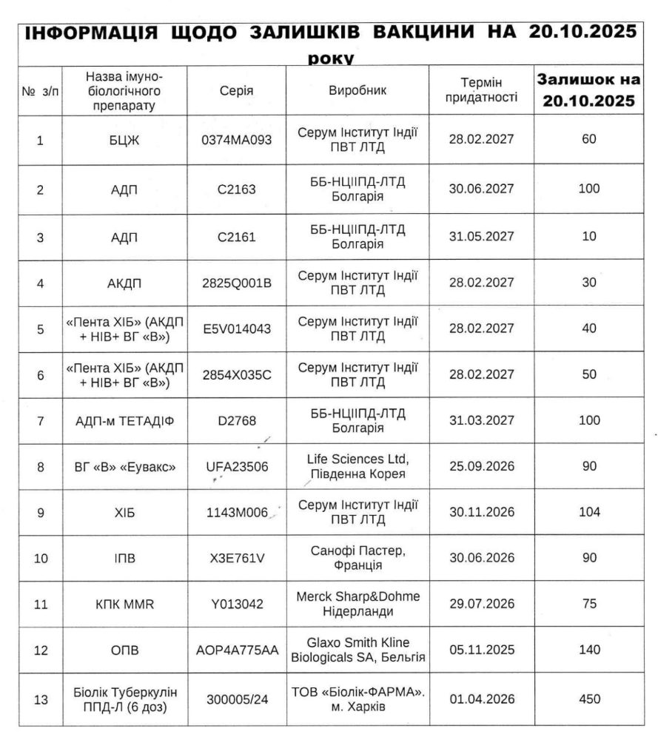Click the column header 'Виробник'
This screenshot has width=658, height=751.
[x=357, y=90]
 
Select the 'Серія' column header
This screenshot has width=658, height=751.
[x=237, y=90]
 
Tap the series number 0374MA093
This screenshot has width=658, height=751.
[x=237, y=139]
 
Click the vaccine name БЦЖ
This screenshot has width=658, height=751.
[x=124, y=139]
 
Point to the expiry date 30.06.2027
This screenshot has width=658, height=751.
[x=481, y=189]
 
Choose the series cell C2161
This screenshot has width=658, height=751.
[x=237, y=237]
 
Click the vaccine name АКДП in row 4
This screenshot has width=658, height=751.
[x=124, y=283]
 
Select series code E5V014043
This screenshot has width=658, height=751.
[x=237, y=328]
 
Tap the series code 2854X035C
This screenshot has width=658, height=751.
[x=237, y=374]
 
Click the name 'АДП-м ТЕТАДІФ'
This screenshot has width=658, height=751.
[x=124, y=420]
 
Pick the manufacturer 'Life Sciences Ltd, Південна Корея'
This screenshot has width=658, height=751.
[x=357, y=466]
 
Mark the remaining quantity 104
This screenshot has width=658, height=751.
[x=589, y=512]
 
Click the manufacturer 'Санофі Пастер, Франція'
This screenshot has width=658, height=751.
[x=357, y=558]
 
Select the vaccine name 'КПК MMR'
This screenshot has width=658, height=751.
[x=124, y=604]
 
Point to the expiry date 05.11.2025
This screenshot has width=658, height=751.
[x=481, y=650]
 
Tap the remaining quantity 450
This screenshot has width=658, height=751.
[x=589, y=698]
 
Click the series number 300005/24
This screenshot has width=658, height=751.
[x=237, y=698]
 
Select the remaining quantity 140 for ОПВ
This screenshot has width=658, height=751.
[x=589, y=650]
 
